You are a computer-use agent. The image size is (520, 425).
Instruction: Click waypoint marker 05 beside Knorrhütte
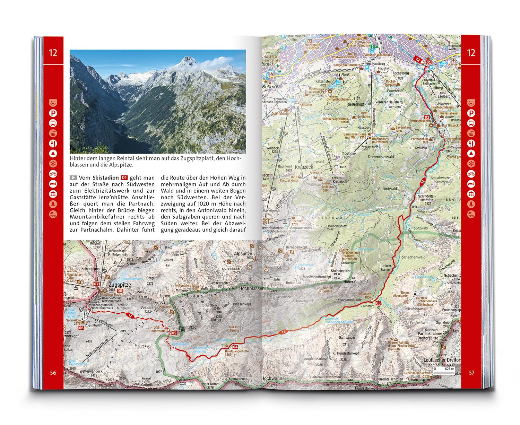point(174,333)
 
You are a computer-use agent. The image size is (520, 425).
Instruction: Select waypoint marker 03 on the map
point(378,303)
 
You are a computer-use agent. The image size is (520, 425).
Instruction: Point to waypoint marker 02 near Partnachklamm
point(427,118)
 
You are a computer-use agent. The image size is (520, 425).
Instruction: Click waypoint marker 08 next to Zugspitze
point(120,290)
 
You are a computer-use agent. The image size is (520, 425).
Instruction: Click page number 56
point(53,373)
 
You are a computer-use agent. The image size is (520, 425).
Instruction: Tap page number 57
point(471,373)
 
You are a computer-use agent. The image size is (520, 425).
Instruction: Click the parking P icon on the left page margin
point(53,113)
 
